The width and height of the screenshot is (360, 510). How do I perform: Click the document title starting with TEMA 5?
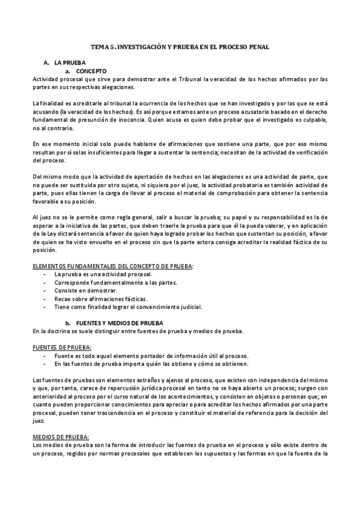pos(180,46)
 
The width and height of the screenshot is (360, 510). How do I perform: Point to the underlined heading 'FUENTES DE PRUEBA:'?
pos(63,348)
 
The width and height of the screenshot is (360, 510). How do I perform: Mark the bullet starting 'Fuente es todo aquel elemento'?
pos(151,356)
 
